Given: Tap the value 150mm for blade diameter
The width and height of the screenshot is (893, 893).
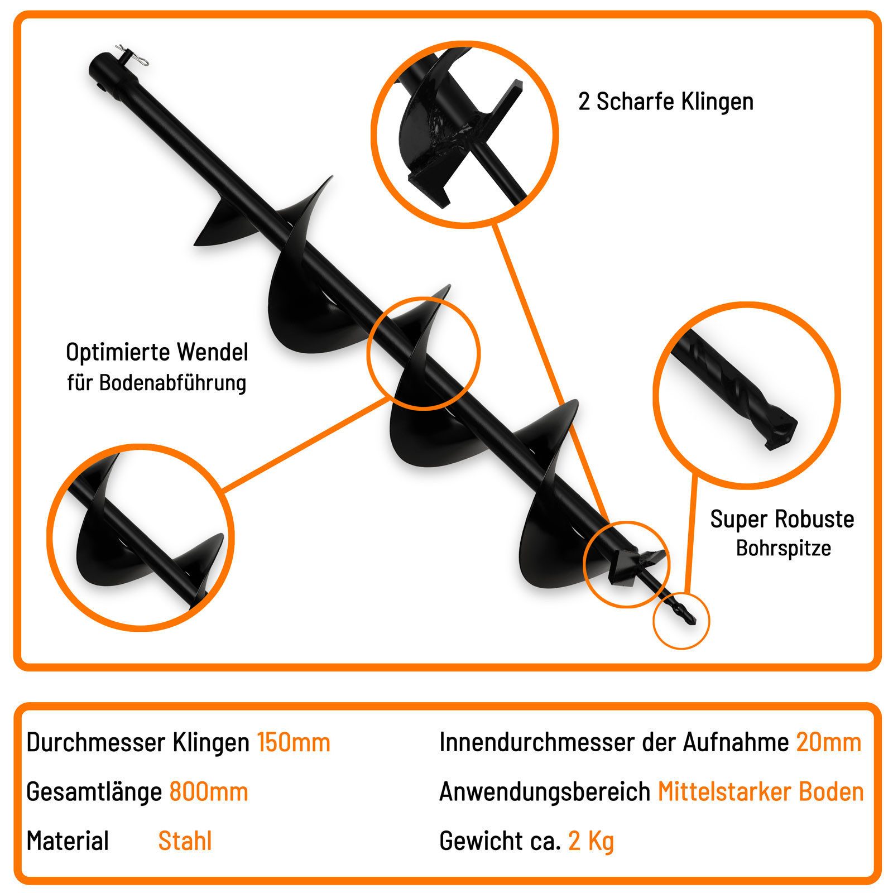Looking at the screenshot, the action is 294,743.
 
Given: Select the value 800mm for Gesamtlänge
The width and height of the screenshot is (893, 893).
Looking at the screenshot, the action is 209,792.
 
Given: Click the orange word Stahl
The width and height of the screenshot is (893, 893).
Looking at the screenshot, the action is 185,841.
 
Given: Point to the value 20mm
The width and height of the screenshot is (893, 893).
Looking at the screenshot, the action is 829,743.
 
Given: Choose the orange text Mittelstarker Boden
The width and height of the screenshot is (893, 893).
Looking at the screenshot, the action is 761,792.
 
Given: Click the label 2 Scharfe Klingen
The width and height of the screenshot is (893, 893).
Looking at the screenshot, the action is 666,102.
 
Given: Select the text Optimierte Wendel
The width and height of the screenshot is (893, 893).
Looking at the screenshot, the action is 157,353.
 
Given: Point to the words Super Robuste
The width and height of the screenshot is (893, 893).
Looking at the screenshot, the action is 782,520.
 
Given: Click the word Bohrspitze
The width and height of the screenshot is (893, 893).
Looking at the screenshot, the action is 783,549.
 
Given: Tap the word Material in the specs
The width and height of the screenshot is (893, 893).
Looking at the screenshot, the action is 68,841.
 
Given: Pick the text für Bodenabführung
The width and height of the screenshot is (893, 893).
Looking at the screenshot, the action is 157,383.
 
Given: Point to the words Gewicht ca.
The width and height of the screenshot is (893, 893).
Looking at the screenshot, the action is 500,841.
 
